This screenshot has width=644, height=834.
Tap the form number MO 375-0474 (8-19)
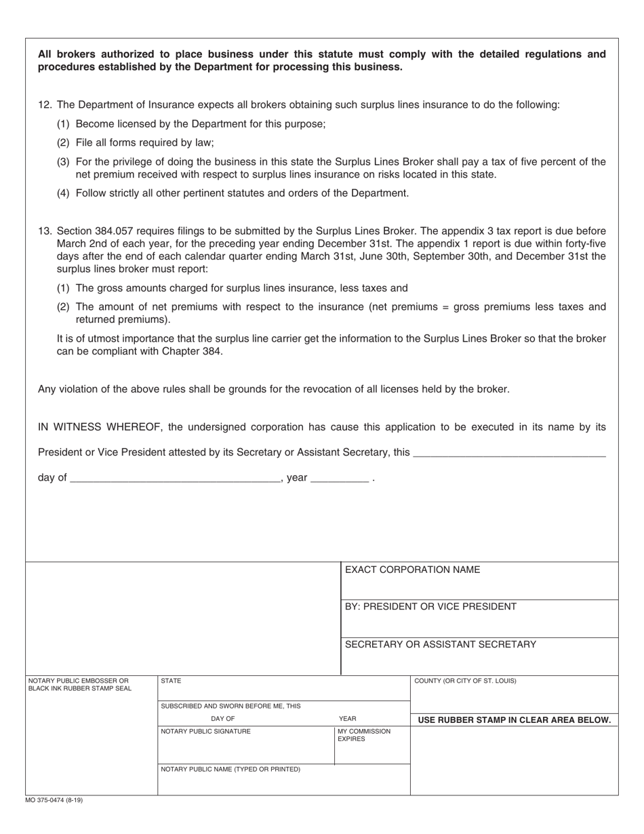54,800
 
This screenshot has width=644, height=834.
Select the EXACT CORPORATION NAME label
412,570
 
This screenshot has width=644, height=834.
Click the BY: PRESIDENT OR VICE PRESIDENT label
430,607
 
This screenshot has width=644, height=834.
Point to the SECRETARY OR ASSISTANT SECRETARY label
440,644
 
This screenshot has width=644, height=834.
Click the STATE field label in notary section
171,681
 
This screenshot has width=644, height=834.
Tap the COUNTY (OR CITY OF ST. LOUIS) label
465,681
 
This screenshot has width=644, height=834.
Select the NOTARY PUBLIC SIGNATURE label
205,732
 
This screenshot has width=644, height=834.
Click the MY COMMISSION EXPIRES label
364,735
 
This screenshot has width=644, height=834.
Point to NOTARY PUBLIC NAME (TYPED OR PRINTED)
230,770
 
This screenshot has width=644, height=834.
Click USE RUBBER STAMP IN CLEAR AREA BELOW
515,720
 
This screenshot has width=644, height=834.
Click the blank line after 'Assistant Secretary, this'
508,452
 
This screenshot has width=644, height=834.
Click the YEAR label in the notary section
347,719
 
